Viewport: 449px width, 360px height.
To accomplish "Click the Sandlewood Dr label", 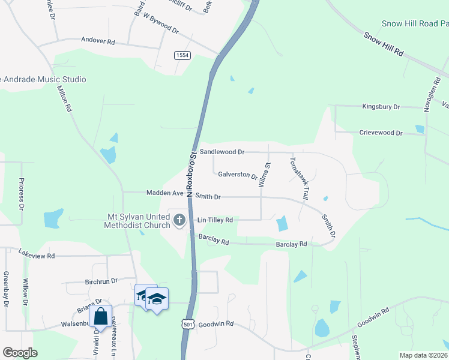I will tap(221, 152).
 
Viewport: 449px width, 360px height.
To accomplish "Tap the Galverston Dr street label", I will tap(237, 176).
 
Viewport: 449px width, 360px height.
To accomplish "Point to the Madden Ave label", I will tap(165, 193).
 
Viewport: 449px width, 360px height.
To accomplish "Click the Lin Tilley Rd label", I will tap(215, 221).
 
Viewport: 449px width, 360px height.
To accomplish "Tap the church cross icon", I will tap(178, 221).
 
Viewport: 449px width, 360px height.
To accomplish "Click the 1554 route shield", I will tap(182, 55).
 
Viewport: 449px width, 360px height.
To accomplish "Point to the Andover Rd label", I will tap(98, 42).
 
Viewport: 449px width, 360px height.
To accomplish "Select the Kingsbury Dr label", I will tap(381, 107).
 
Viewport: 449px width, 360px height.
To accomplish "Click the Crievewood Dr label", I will tap(381, 133).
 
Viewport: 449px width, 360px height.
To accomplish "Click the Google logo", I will tap(20, 353).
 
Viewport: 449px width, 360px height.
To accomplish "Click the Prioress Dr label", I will tap(21, 194).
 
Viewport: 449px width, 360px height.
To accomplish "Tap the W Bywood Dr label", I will tap(161, 25).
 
